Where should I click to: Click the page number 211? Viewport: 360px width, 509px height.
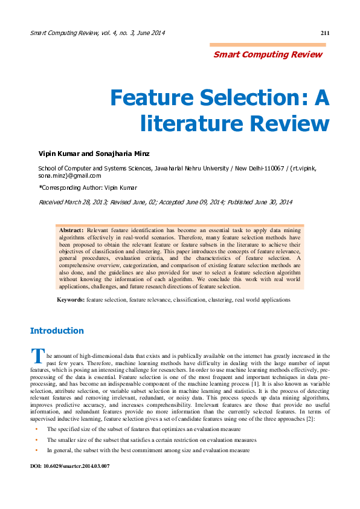pos(324,33)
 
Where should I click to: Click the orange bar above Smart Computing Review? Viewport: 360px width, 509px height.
pos(268,45)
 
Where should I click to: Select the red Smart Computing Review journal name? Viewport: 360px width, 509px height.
pos(268,54)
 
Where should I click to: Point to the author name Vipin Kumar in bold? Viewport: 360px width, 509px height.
pos(58,154)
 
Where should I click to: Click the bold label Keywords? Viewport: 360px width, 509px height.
pos(71,299)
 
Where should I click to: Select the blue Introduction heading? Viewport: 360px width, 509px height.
pos(57,331)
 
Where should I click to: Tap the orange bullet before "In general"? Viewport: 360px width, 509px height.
pos(37,450)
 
